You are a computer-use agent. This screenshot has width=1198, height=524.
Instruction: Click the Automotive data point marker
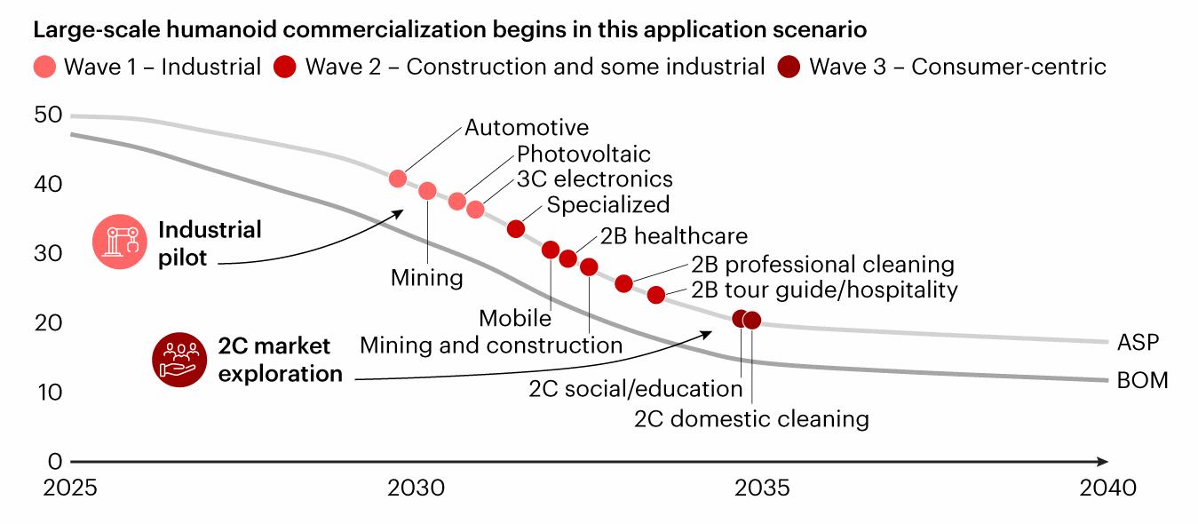398,179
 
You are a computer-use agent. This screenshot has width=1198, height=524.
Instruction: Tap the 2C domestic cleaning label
751,418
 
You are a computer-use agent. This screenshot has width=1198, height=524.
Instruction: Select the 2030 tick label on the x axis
417,488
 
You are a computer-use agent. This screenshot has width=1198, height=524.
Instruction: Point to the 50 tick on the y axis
48,115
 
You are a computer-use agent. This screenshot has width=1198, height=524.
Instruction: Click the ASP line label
1138,342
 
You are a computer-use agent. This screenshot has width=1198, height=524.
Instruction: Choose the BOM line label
1142,381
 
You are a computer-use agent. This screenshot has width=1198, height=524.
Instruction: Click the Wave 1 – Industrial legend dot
47,67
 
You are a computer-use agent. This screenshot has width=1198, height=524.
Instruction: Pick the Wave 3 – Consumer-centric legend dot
788,67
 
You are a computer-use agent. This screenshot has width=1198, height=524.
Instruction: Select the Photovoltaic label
583,155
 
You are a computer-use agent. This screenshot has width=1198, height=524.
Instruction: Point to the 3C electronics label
595,179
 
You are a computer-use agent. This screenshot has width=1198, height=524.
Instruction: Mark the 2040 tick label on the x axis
1107,488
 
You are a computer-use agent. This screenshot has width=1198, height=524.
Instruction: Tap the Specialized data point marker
516,229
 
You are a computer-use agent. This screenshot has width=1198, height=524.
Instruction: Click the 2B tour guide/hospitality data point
656,295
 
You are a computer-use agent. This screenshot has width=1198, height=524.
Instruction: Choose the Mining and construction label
491,345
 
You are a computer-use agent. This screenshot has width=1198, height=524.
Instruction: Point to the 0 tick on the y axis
55,462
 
